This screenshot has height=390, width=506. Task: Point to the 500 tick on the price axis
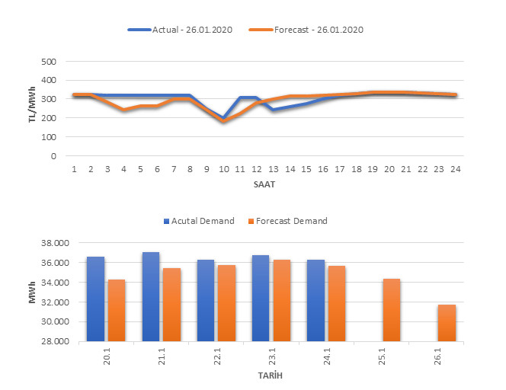tap(50, 61)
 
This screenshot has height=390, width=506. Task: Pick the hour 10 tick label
tap(223, 170)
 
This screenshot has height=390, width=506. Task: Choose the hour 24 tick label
tap(454, 170)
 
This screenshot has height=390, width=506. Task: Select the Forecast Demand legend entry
tap(290, 221)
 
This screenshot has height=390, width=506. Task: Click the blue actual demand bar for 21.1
tap(151, 297)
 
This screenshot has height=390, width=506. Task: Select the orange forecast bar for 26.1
tap(447, 323)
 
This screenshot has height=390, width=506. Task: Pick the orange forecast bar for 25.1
tap(392, 310)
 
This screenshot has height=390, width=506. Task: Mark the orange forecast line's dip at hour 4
tap(123, 110)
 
